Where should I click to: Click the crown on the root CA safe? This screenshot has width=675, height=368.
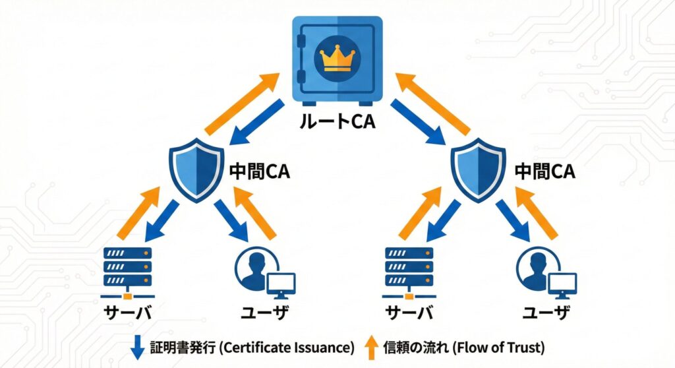click(337, 57)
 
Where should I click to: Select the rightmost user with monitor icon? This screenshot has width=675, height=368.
click(544, 271)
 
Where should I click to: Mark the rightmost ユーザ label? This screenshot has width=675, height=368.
click(546, 313)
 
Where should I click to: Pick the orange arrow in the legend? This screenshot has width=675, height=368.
click(371, 346)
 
